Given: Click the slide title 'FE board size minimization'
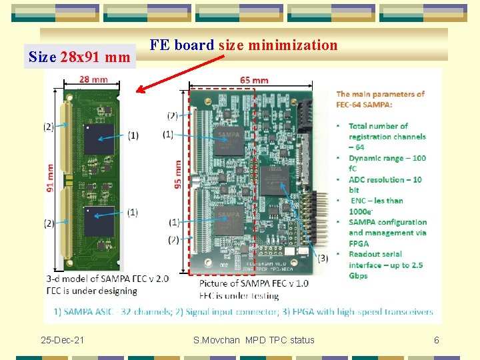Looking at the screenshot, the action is [x=243, y=45].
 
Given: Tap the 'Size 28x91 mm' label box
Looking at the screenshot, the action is [x=79, y=57].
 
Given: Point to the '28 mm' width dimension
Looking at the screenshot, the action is [x=93, y=79].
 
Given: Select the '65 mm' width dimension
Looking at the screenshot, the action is [x=254, y=80].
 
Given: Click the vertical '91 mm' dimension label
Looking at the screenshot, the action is [x=50, y=178].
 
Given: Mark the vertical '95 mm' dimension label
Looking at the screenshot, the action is [x=178, y=173].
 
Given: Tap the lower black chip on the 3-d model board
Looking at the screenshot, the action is [x=98, y=221].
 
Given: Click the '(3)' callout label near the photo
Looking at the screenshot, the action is [x=323, y=258].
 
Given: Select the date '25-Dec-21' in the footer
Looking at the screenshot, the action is [x=62, y=341].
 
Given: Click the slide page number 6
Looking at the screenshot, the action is [x=437, y=341].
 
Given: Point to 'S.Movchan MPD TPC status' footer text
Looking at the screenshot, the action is [x=253, y=341].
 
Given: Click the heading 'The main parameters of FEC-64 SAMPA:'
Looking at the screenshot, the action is [x=380, y=99].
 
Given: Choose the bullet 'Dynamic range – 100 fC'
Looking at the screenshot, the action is [x=387, y=163].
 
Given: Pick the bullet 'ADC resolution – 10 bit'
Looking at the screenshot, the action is [x=385, y=185].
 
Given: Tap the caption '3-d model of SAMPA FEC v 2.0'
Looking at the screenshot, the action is [x=107, y=279].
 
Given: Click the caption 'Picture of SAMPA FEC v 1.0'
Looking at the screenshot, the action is [x=254, y=283].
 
